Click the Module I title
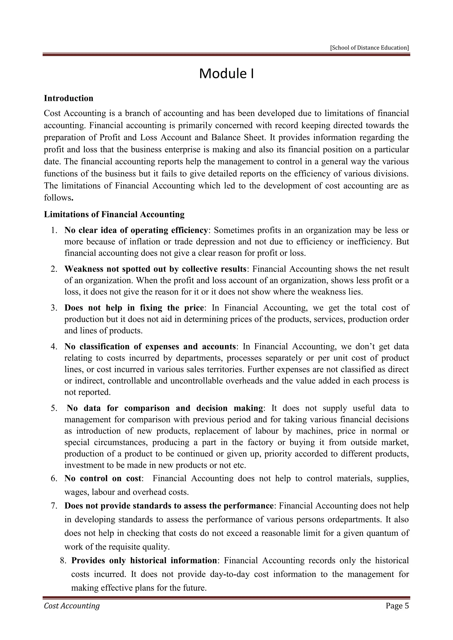[x=226, y=74]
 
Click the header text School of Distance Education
[x=369, y=48]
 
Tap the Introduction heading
[x=69, y=98]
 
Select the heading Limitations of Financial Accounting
[x=114, y=214]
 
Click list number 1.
[x=54, y=230]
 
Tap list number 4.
[x=54, y=347]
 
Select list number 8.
[x=63, y=561]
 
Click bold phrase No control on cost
[x=103, y=478]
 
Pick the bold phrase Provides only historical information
[x=144, y=561]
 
